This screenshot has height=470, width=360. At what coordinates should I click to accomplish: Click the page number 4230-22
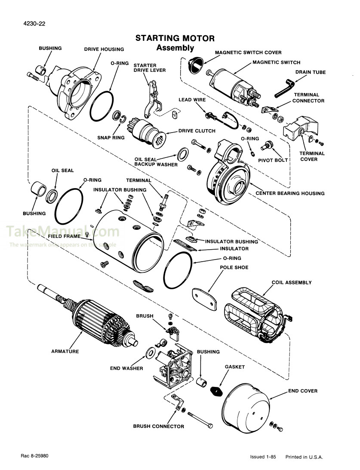[32, 24]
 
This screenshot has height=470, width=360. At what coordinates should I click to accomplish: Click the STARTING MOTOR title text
[175, 39]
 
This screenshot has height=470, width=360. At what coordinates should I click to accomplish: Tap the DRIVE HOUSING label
[104, 49]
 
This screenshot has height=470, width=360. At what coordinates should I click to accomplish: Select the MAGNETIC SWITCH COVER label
[248, 53]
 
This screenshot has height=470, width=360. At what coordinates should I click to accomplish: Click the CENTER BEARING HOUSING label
[290, 193]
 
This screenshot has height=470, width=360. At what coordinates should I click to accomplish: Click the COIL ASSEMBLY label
[292, 283]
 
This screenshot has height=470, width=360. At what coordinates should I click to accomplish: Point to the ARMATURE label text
[65, 352]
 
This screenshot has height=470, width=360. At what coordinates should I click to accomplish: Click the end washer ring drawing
[151, 352]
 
